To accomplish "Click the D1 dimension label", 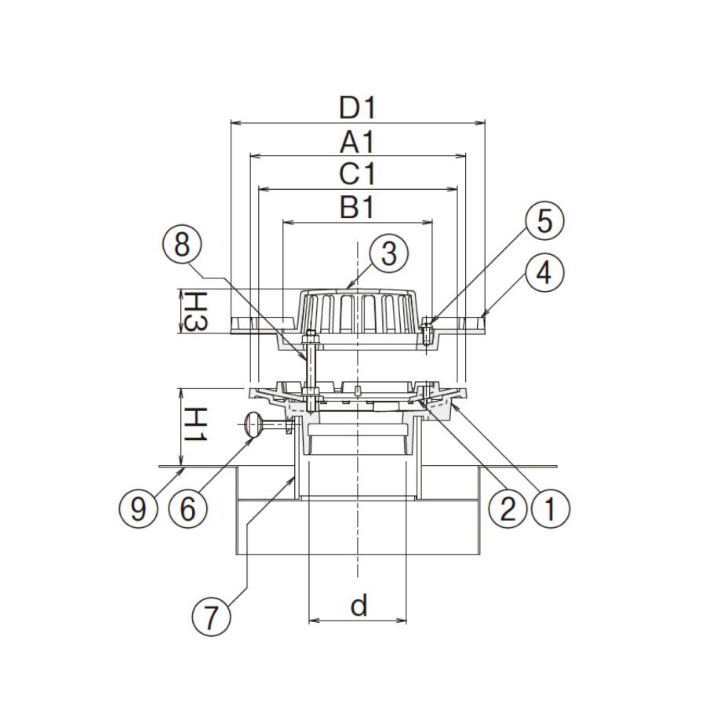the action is click(x=357, y=108).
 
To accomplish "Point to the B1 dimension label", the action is click(x=357, y=208).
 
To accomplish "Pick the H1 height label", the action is click(x=194, y=425).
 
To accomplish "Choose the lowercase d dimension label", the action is click(x=358, y=605).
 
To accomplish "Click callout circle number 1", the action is click(x=551, y=508).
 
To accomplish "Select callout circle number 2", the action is click(x=508, y=508).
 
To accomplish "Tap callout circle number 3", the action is click(x=389, y=253).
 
